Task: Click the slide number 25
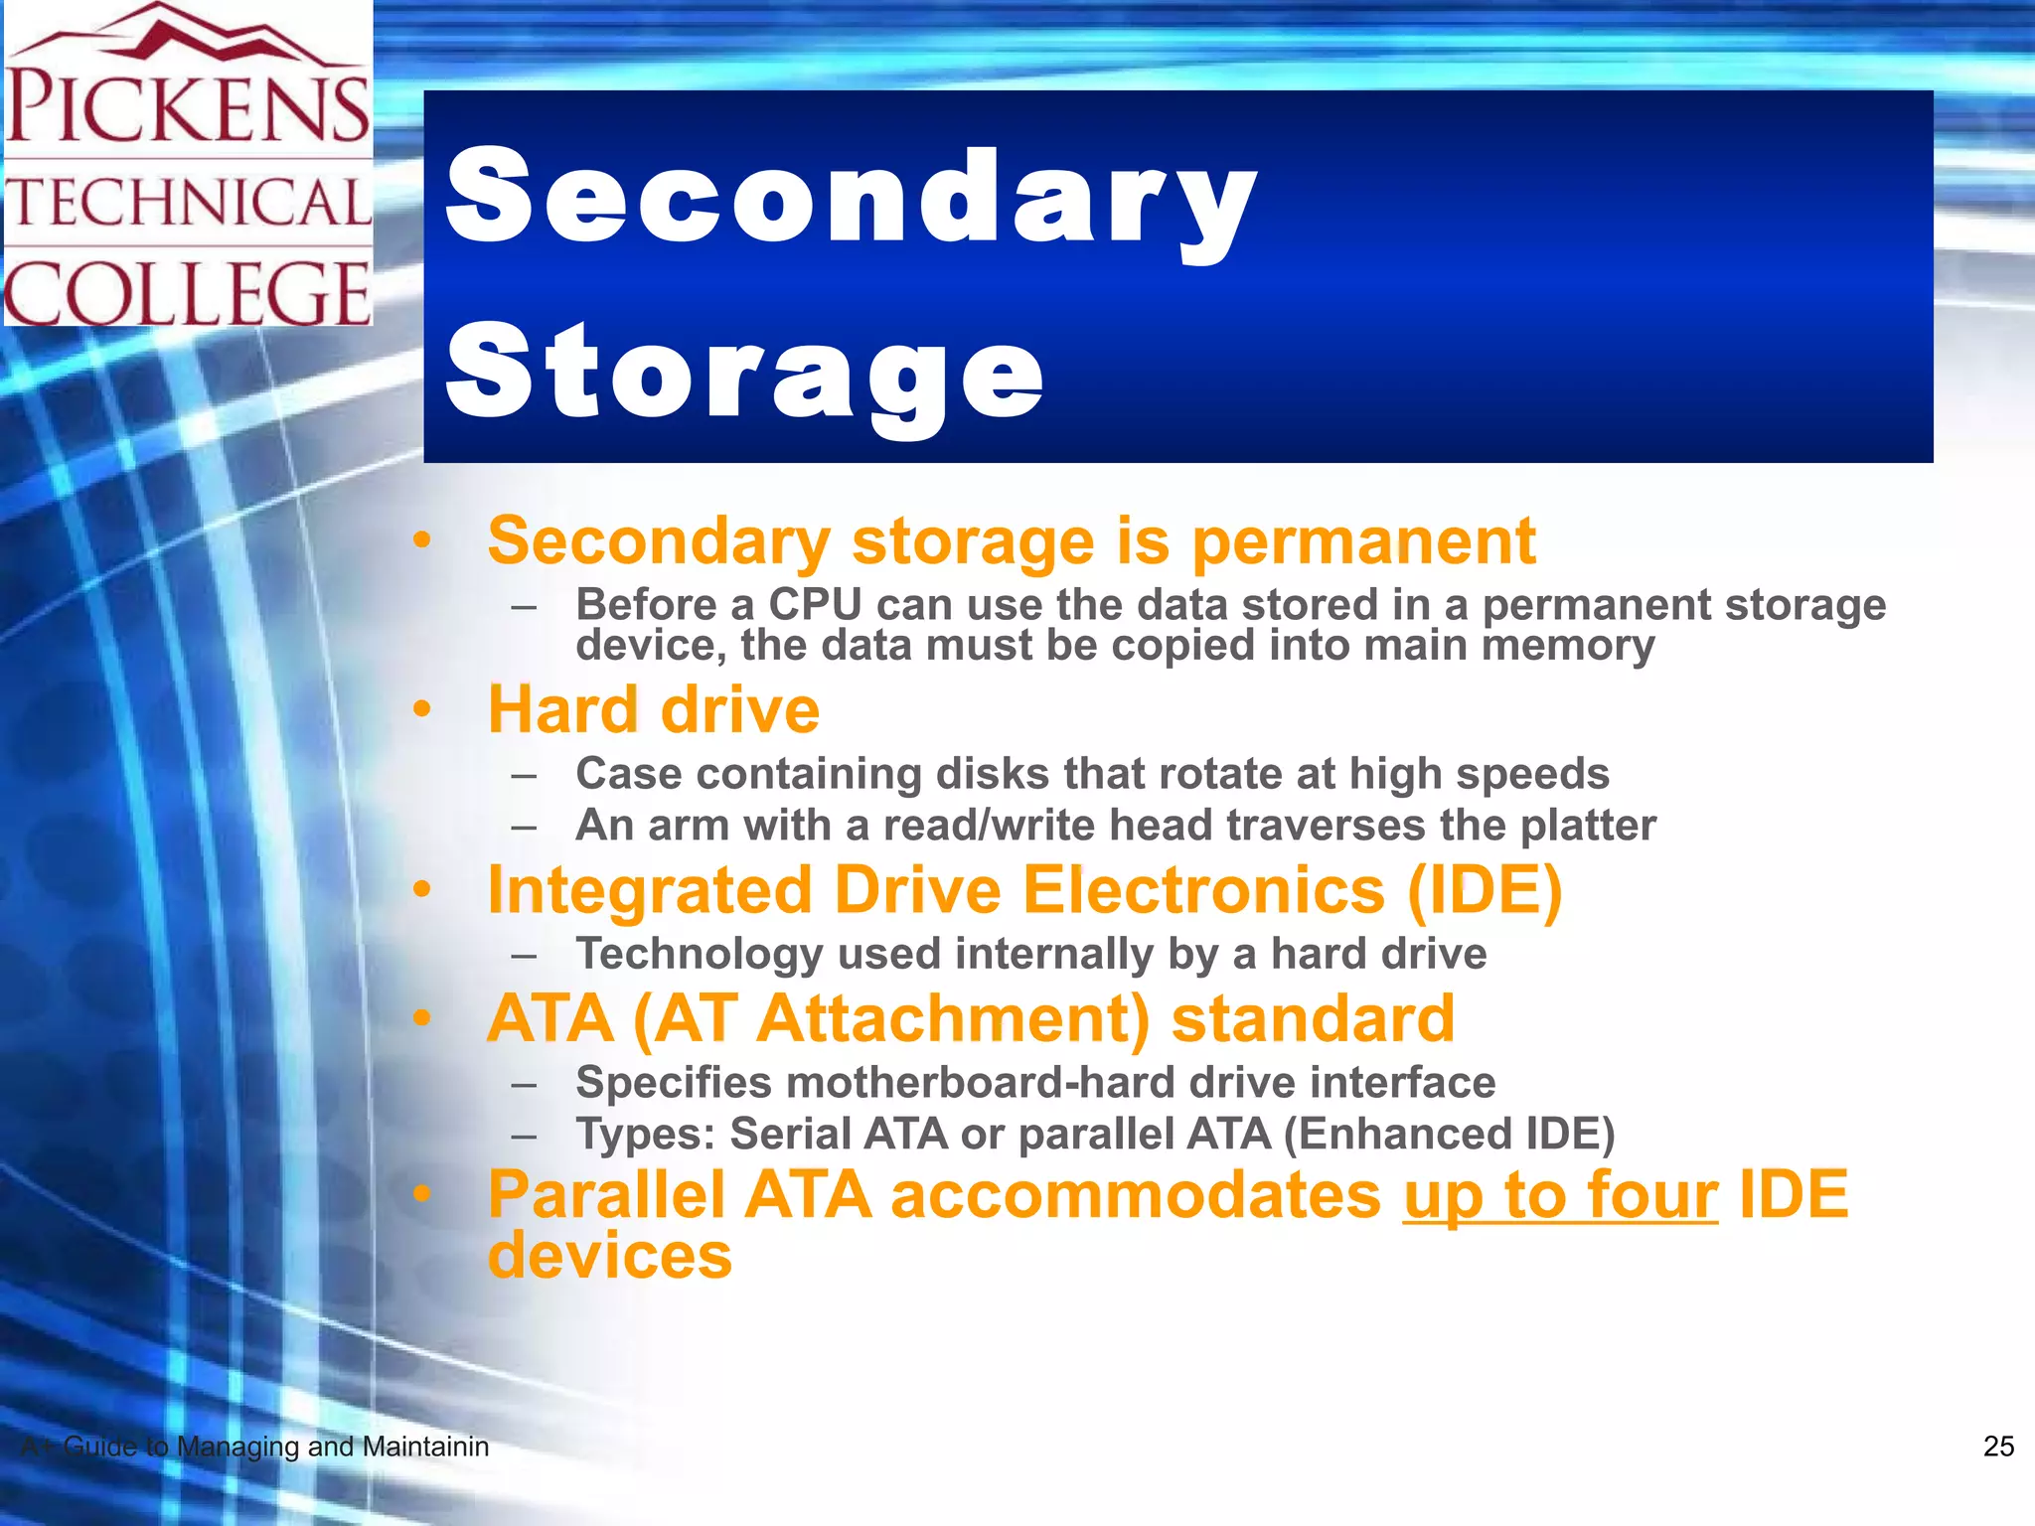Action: point(1997,1447)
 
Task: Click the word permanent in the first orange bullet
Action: point(1363,541)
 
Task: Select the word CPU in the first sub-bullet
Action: point(815,604)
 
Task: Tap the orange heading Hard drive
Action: point(653,710)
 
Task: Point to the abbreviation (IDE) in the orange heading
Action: point(1485,890)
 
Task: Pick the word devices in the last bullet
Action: point(609,1256)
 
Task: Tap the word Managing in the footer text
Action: point(238,1447)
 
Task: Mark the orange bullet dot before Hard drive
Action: point(423,710)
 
